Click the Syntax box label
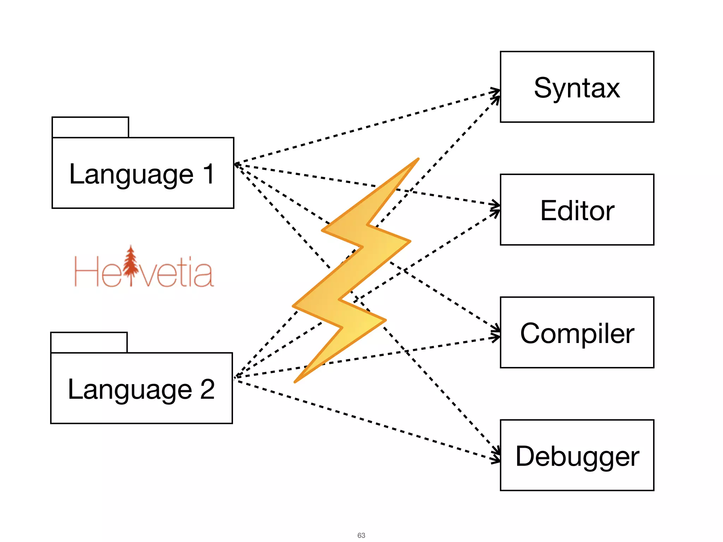[x=576, y=88]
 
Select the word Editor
[x=577, y=211]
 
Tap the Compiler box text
[x=577, y=333]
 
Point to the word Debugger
[x=577, y=456]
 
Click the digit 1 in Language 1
[x=209, y=174]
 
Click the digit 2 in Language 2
[x=207, y=389]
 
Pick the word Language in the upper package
[x=131, y=174]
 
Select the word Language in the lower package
[x=130, y=390]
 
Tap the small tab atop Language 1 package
[x=90, y=127]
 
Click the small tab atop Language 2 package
[x=89, y=342]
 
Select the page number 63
[x=361, y=535]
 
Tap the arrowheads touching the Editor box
[x=496, y=208]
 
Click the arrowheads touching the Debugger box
[x=496, y=455]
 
